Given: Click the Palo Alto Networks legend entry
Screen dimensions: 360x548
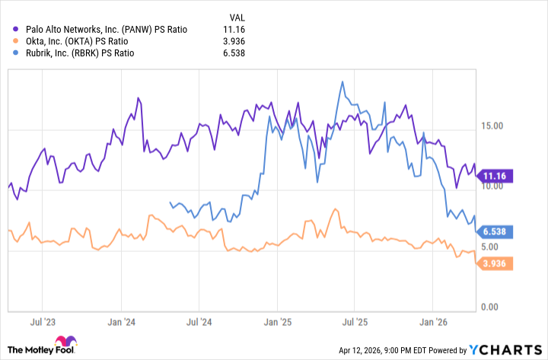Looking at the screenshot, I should click(x=110, y=30).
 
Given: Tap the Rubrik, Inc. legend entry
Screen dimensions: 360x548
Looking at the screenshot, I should click(x=88, y=54).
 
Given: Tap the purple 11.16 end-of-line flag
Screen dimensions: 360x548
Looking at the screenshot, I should click(x=495, y=176).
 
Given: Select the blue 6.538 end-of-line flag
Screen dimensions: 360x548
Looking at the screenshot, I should click(x=495, y=231).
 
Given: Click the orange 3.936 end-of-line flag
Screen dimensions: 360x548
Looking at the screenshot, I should click(x=495, y=263).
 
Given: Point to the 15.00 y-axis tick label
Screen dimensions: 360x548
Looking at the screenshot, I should click(x=494, y=125).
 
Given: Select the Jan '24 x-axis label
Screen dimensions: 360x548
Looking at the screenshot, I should click(x=122, y=323).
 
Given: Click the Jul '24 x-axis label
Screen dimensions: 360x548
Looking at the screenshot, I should click(x=199, y=323).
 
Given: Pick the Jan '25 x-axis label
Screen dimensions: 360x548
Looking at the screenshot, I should click(x=279, y=323).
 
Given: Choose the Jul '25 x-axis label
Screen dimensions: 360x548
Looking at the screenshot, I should click(x=355, y=323).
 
